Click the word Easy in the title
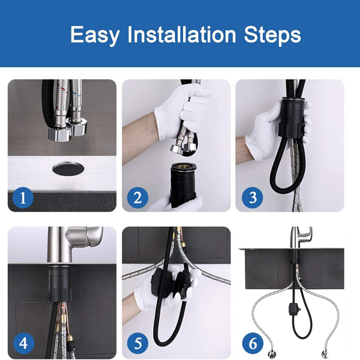[x=95, y=35]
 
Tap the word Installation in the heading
[x=182, y=34]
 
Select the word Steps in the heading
[x=272, y=35]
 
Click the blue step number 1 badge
[x=23, y=197]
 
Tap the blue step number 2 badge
[x=137, y=197]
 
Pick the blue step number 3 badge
[x=252, y=197]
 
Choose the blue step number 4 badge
[x=23, y=343]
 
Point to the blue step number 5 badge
[x=137, y=343]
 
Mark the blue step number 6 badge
[x=253, y=343]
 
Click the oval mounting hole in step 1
[x=68, y=169]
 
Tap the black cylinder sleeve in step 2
[x=183, y=184]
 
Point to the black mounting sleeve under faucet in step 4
[x=59, y=283]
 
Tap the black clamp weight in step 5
[x=171, y=283]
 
